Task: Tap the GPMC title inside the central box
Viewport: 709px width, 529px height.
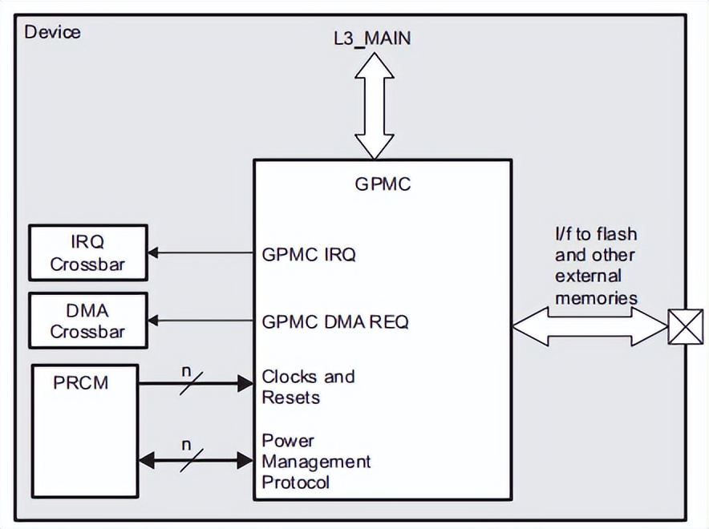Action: click(383, 184)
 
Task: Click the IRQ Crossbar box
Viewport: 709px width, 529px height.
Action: click(88, 253)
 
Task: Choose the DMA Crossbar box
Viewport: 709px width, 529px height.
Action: click(88, 321)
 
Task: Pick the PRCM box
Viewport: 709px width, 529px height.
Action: click(84, 431)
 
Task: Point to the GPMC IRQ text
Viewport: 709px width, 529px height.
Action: click(309, 255)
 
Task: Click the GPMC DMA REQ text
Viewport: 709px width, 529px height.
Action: click(335, 322)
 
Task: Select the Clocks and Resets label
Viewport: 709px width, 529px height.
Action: click(308, 387)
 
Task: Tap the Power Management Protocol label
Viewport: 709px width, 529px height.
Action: click(316, 462)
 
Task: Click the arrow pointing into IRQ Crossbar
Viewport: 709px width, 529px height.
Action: click(201, 253)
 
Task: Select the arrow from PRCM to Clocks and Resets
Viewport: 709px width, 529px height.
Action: click(196, 384)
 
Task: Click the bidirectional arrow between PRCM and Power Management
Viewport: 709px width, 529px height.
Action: click(196, 460)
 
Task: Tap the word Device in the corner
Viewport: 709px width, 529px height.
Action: click(53, 32)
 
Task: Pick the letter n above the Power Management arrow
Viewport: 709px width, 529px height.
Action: click(187, 443)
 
